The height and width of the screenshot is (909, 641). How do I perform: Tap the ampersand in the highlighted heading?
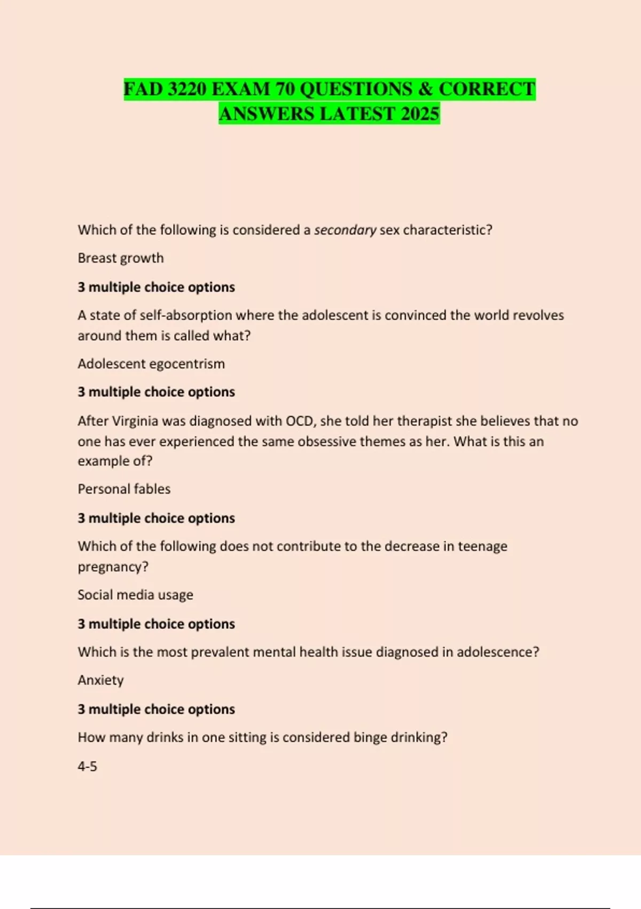pyautogui.click(x=425, y=89)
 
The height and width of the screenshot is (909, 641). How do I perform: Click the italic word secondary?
pyautogui.click(x=345, y=230)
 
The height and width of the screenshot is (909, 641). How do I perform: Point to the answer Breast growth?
pyautogui.click(x=121, y=258)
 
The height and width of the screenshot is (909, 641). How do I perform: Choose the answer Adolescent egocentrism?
pyautogui.click(x=151, y=364)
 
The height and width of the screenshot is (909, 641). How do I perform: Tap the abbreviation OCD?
pyautogui.click(x=301, y=421)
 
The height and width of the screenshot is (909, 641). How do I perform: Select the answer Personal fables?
pyautogui.click(x=124, y=489)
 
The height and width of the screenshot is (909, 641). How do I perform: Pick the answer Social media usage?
pyautogui.click(x=135, y=595)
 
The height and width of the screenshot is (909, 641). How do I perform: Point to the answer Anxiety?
pyautogui.click(x=100, y=680)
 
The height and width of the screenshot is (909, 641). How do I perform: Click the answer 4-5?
pyautogui.click(x=87, y=766)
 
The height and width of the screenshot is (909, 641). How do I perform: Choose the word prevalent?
pyautogui.click(x=219, y=652)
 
